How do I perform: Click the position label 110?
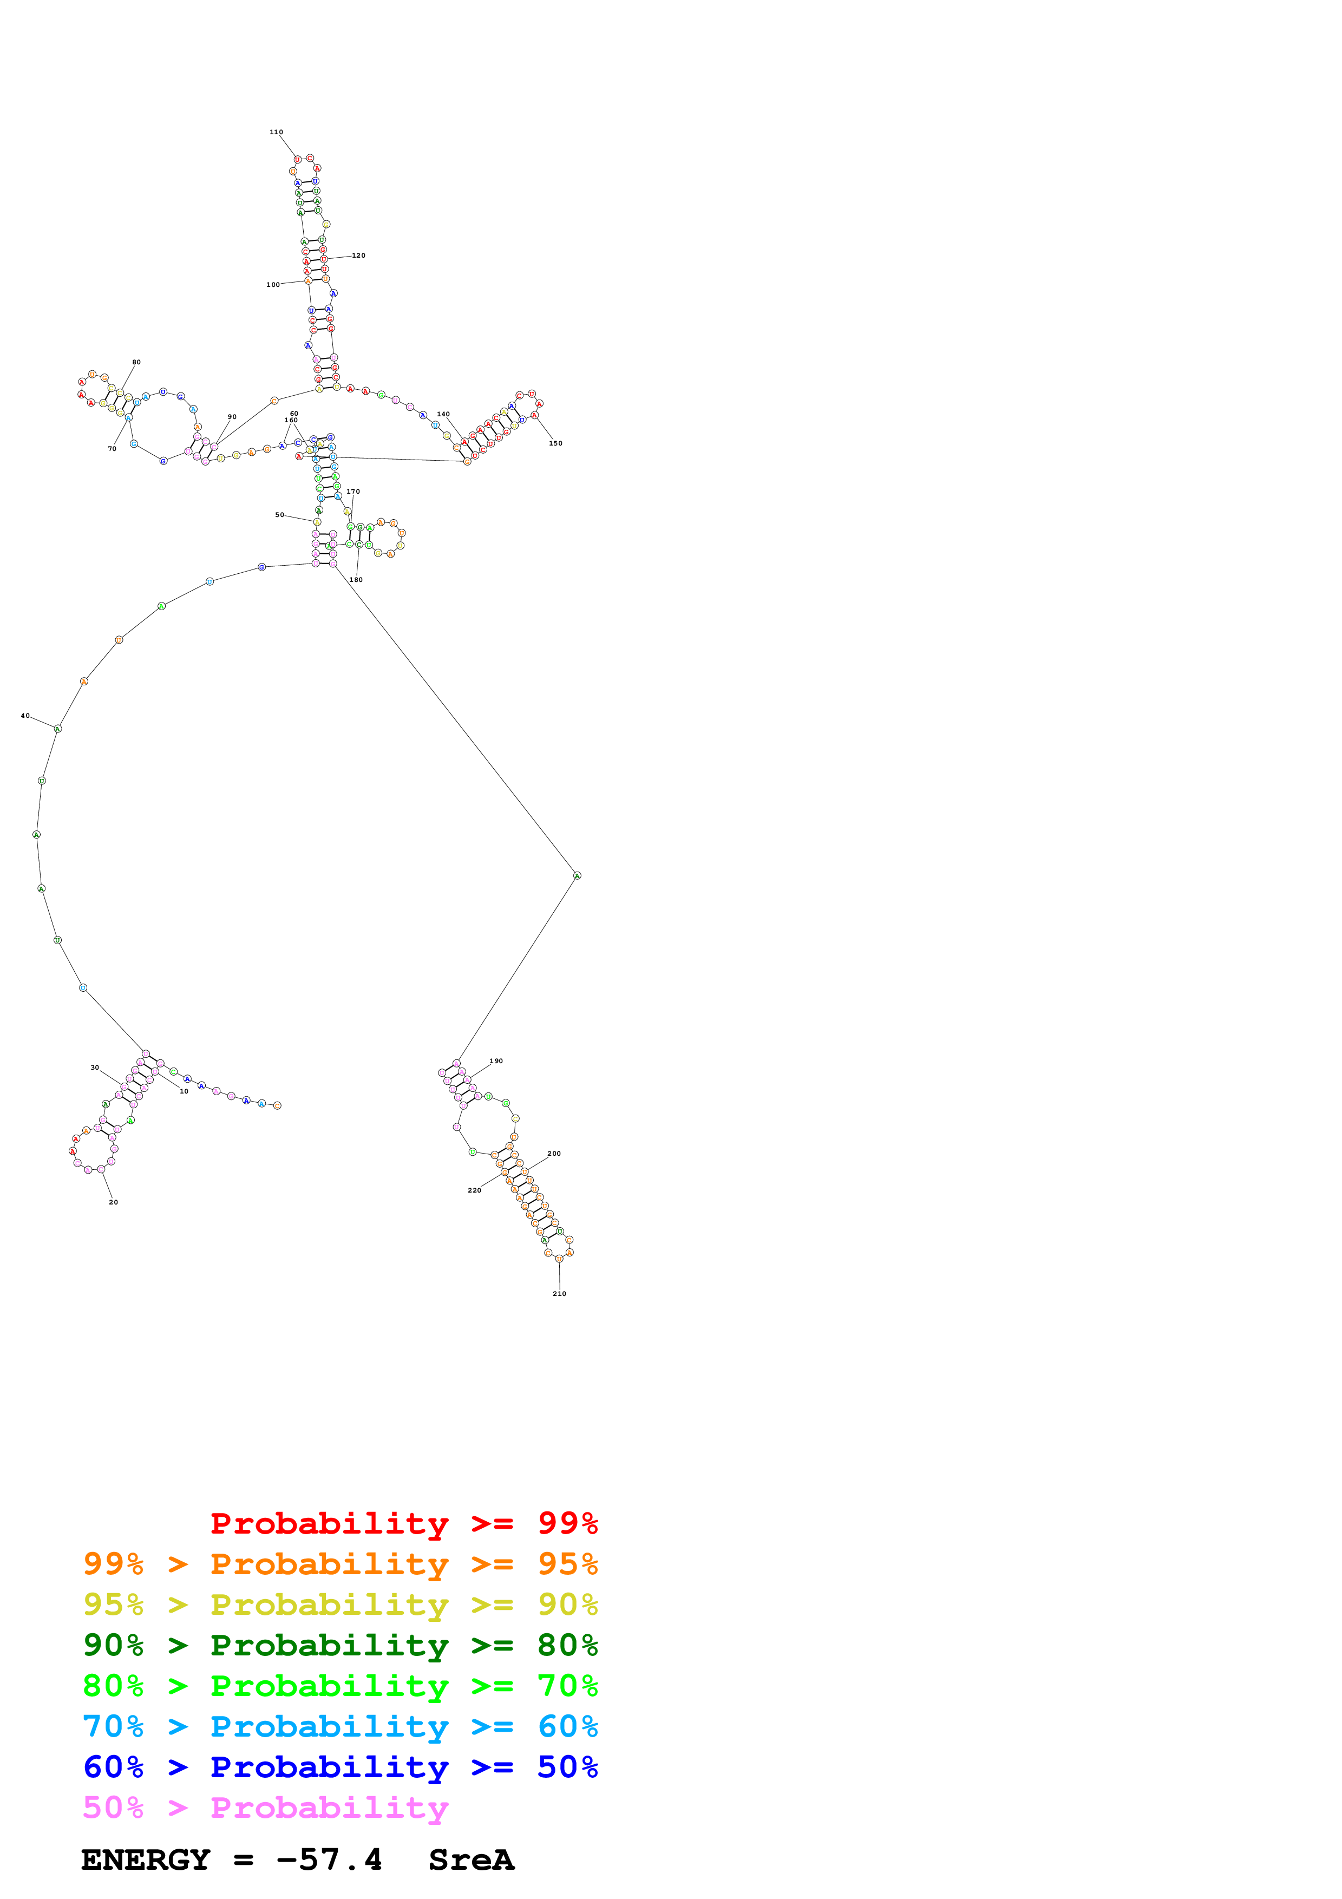click(276, 132)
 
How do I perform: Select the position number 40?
click(25, 716)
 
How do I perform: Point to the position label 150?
click(555, 443)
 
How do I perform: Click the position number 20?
click(113, 1202)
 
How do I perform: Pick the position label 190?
click(496, 1060)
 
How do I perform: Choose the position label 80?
click(136, 362)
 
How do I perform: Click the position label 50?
click(279, 514)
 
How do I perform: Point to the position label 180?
click(356, 580)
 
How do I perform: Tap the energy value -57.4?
click(329, 1859)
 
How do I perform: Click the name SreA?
click(472, 1859)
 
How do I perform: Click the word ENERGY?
click(146, 1859)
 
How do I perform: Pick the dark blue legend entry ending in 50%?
click(340, 1767)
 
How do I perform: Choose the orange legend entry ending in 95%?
click(340, 1564)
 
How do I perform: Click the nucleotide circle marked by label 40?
click(57, 729)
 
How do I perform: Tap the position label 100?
click(273, 285)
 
